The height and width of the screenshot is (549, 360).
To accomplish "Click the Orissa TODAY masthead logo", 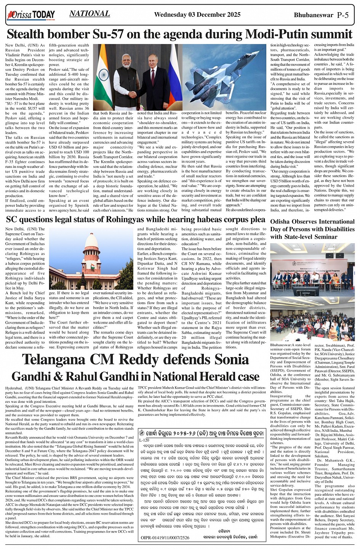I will coord(31,15).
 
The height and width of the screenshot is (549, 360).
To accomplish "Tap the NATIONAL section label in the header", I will coord(90,14).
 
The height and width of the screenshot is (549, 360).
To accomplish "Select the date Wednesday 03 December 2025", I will coord(197,15).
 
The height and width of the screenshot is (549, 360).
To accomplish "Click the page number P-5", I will coord(343,15).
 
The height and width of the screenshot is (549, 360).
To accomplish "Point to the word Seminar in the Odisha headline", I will coord(326,237).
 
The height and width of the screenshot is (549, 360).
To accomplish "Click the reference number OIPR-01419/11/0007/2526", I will coord(165,538).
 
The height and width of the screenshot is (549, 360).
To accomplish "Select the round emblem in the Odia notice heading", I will coord(142,433).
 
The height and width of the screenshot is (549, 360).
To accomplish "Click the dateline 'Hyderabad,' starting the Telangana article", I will coord(14,388).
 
